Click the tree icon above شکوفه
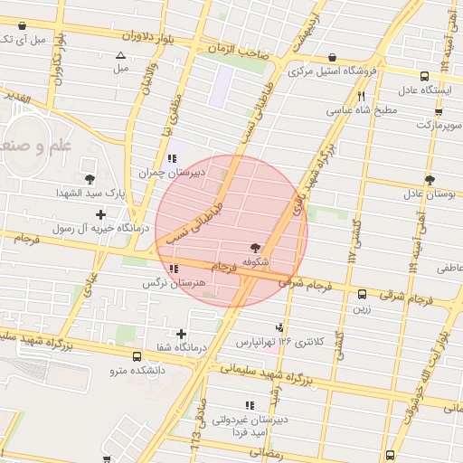pyautogui.click(x=256, y=247)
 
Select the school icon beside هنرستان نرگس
pyautogui.click(x=173, y=269)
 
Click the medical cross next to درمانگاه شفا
pyautogui.click(x=183, y=335)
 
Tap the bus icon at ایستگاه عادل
pyautogui.click(x=425, y=77)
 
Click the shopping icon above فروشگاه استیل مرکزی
pyautogui.click(x=333, y=57)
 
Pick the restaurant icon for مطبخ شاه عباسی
pyautogui.click(x=361, y=96)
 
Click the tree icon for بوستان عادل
pyautogui.click(x=429, y=179)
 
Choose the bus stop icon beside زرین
pyautogui.click(x=362, y=294)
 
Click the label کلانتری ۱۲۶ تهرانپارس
pyautogui.click(x=280, y=343)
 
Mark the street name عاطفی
pyautogui.click(x=449, y=269)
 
